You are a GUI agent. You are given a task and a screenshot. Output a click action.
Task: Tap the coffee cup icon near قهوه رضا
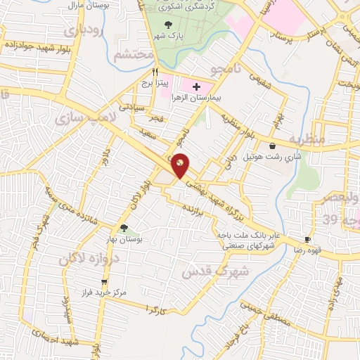click(307, 240)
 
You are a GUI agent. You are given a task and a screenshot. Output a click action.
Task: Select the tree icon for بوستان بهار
click(124, 228)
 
